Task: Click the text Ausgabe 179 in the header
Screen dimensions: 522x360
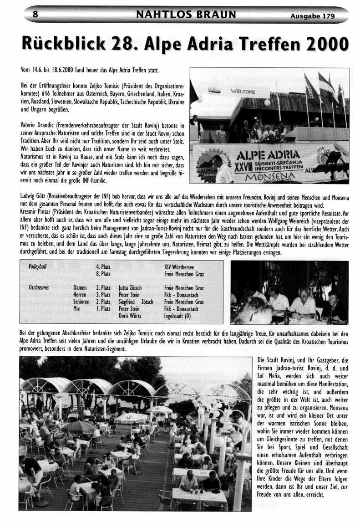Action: click(312, 16)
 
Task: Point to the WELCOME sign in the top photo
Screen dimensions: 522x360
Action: click(243, 92)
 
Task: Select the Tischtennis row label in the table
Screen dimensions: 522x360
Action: click(39, 288)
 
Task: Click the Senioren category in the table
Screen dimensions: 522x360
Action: click(82, 302)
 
